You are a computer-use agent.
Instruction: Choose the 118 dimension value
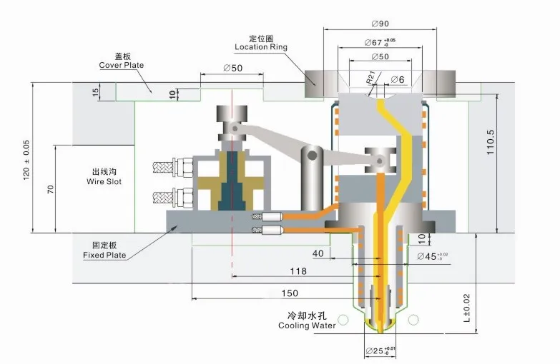pyautogui.click(x=298, y=271)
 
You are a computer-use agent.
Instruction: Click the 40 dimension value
pyautogui.click(x=318, y=253)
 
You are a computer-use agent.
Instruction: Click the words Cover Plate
pyautogui.click(x=121, y=65)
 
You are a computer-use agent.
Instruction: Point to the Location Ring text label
pyautogui.click(x=261, y=47)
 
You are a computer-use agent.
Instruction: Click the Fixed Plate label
pyautogui.click(x=104, y=254)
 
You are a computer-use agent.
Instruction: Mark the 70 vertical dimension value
pyautogui.click(x=51, y=189)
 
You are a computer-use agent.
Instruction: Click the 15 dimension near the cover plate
pyautogui.click(x=94, y=91)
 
